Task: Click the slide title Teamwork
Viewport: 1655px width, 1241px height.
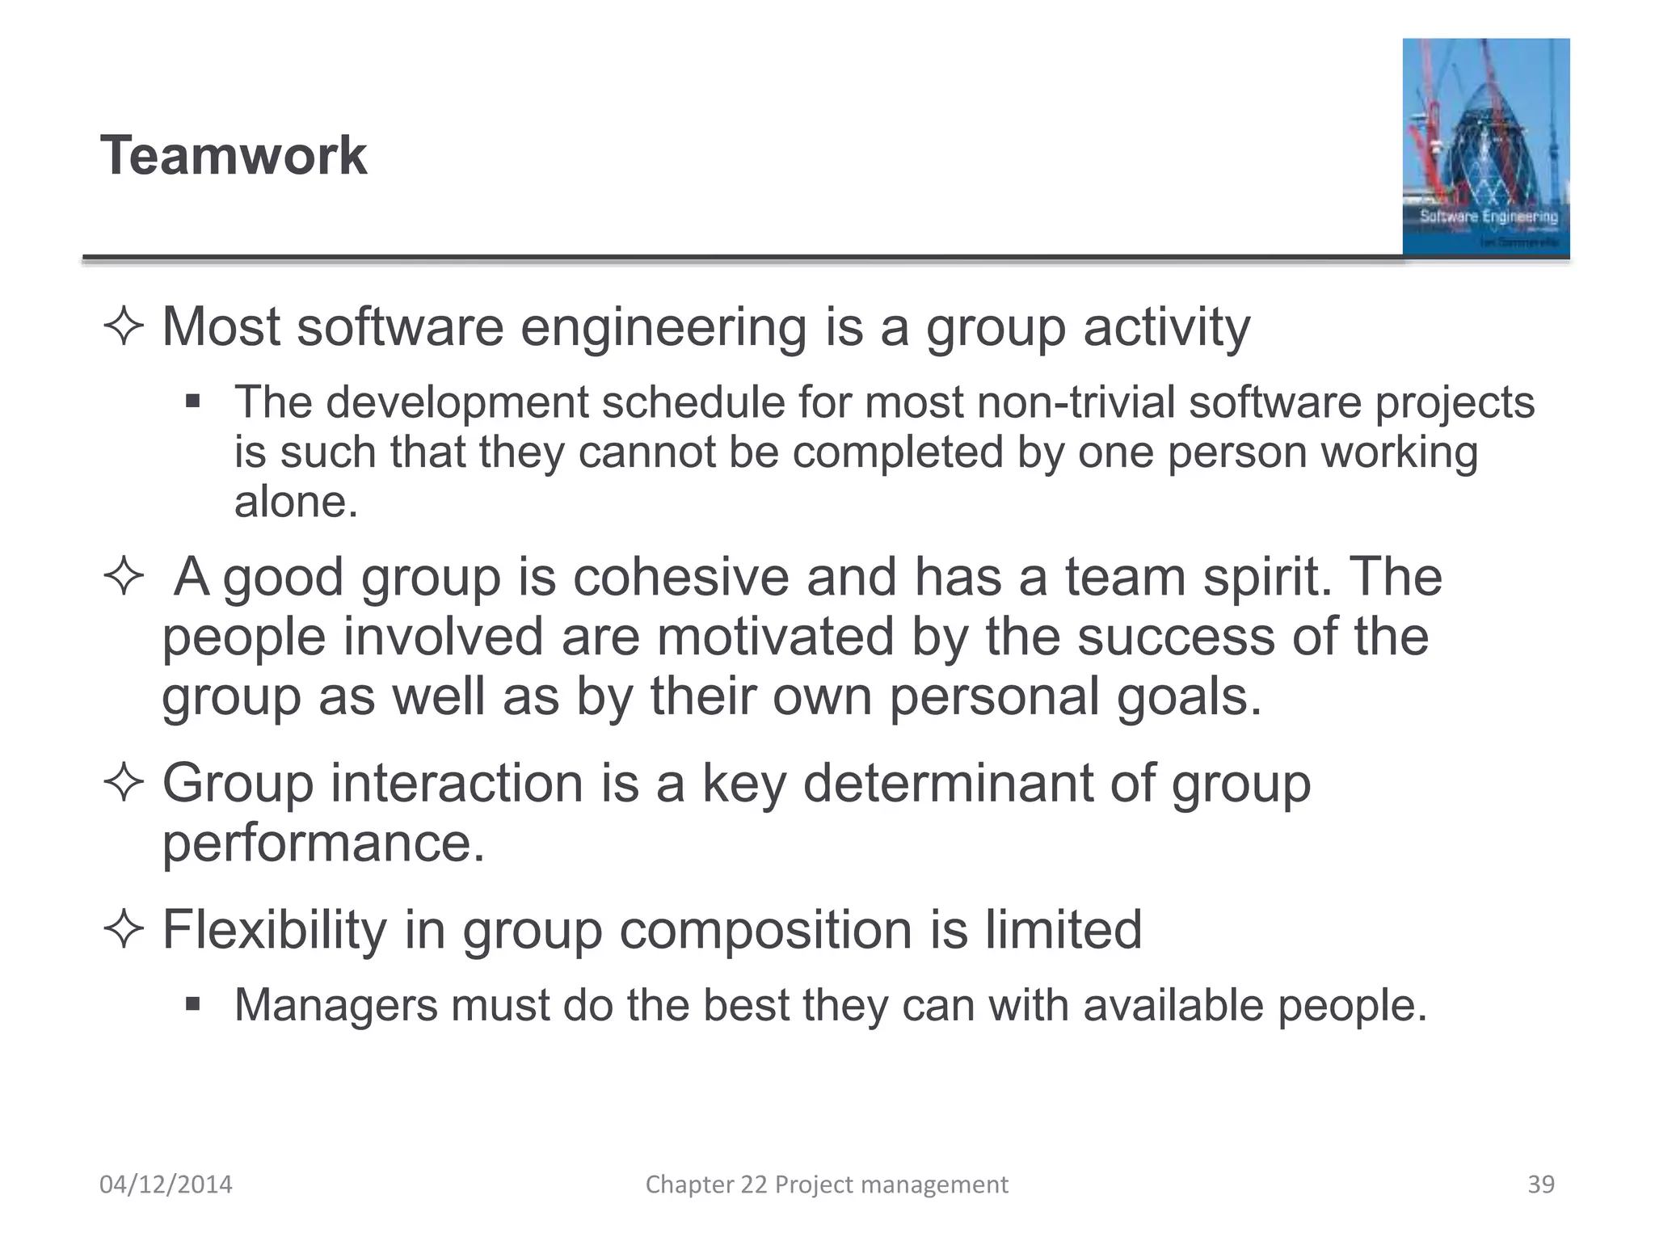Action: pyautogui.click(x=233, y=155)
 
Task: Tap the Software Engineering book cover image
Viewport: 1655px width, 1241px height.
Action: pyautogui.click(x=1485, y=147)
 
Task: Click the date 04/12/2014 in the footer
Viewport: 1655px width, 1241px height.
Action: pyautogui.click(x=166, y=1184)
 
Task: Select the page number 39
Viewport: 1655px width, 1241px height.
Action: pyautogui.click(x=1540, y=1184)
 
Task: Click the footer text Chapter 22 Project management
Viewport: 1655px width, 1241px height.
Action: pyautogui.click(x=826, y=1184)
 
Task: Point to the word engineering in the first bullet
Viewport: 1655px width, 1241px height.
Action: pyautogui.click(x=663, y=328)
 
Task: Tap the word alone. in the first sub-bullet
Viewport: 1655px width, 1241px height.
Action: pyautogui.click(x=296, y=503)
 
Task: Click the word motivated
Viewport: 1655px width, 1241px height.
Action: pyautogui.click(x=774, y=637)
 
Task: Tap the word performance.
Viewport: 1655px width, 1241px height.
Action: pyautogui.click(x=323, y=844)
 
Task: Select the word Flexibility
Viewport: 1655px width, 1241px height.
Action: pyautogui.click(x=275, y=929)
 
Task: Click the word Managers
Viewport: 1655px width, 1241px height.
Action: pyautogui.click(x=335, y=1006)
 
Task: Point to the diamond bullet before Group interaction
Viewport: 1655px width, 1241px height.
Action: pyautogui.click(x=124, y=782)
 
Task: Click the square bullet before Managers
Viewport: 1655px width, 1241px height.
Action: pyautogui.click(x=192, y=1004)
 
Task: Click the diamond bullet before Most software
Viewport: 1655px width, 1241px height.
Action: pyautogui.click(x=124, y=327)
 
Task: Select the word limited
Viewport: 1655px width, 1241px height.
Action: pyautogui.click(x=1063, y=929)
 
